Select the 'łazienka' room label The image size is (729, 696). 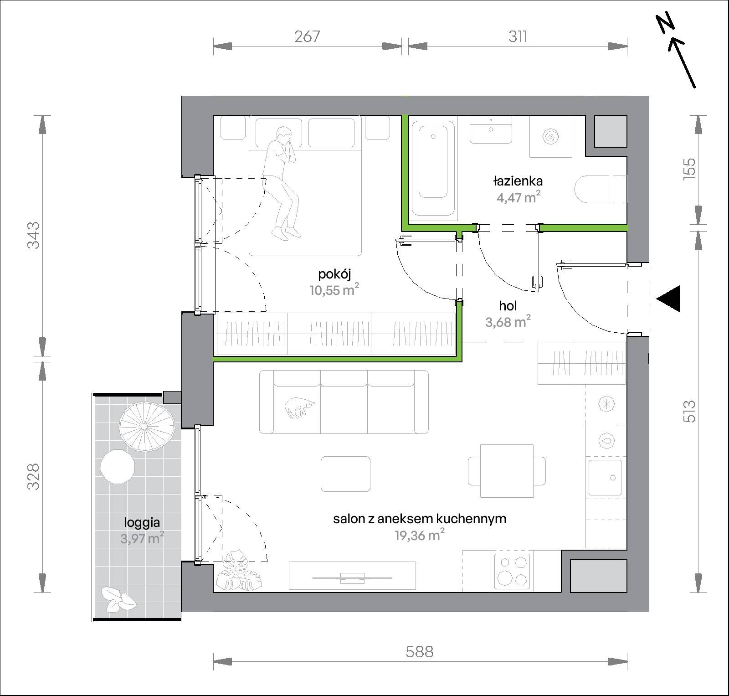(x=518, y=181)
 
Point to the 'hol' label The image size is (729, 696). (x=508, y=306)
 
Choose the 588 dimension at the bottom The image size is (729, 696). (x=420, y=652)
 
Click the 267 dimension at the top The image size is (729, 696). (x=307, y=36)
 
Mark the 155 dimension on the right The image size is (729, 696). (x=689, y=169)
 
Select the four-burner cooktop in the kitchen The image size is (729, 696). (x=512, y=570)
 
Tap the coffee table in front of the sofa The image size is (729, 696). (x=345, y=474)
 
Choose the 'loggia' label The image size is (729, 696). (x=142, y=522)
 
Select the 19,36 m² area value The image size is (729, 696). (x=420, y=536)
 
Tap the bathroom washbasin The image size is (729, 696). (x=491, y=129)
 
